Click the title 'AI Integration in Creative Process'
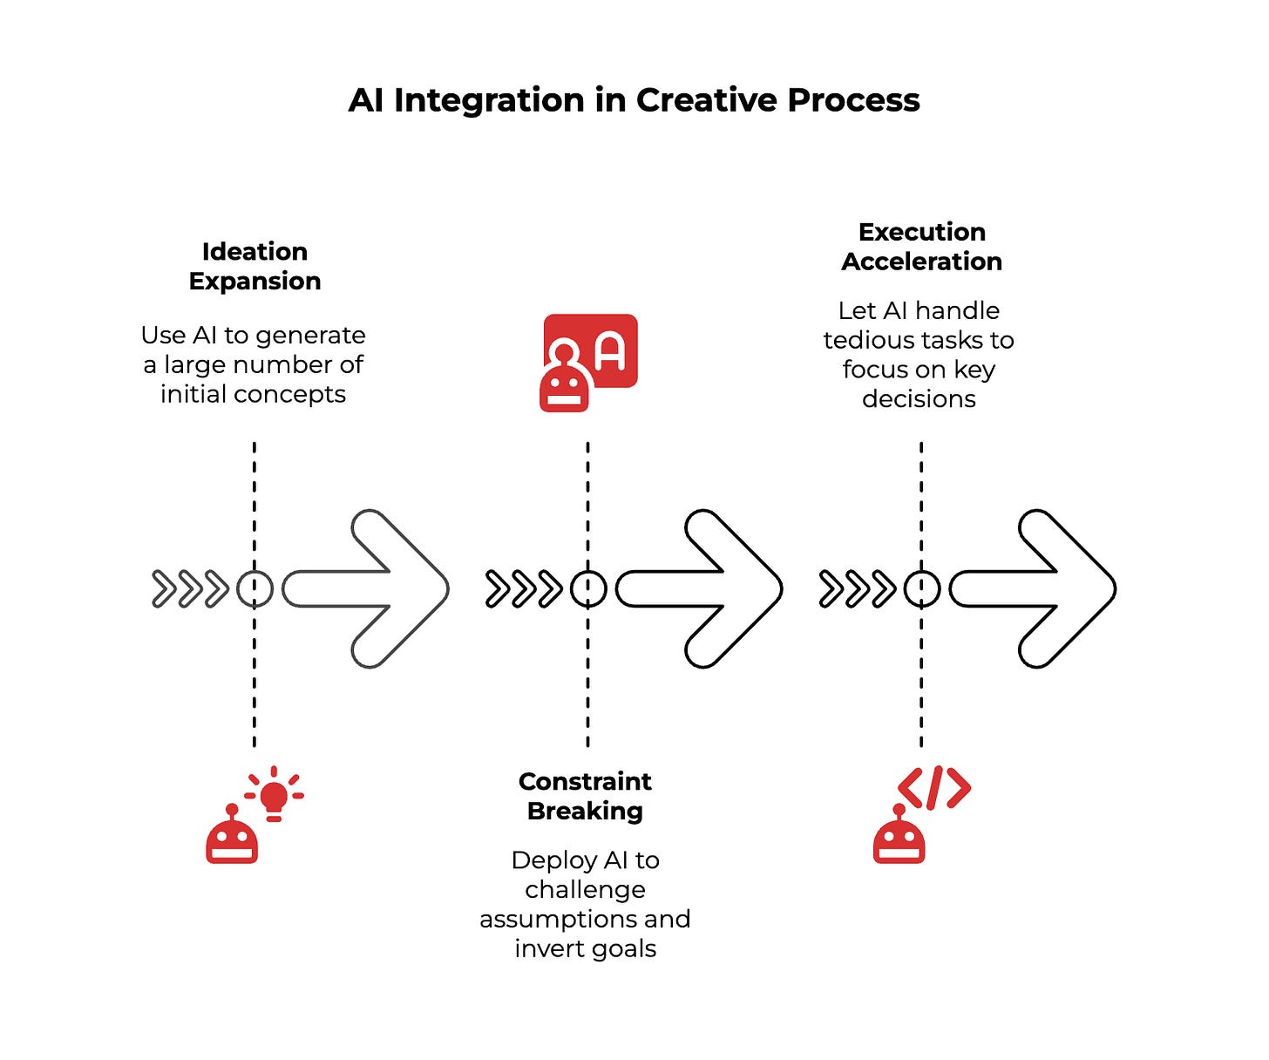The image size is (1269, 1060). point(634,100)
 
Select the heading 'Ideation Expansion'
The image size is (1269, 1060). point(254,266)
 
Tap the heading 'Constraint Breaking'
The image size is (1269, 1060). point(585,796)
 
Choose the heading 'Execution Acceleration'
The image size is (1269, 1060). point(921,247)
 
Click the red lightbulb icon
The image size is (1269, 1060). point(275,793)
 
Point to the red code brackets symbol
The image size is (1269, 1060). point(934,788)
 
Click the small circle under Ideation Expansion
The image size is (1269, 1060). point(254,589)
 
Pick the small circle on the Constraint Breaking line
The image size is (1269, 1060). point(588,589)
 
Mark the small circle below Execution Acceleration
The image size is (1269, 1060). point(921,589)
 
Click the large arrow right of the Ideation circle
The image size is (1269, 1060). point(366,589)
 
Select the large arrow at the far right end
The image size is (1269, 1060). point(1033,589)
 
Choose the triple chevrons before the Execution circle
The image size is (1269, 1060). point(857,589)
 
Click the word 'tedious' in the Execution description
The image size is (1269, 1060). point(872,340)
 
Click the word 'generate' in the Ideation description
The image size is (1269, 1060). point(317,336)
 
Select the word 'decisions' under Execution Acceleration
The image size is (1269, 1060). point(919,399)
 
